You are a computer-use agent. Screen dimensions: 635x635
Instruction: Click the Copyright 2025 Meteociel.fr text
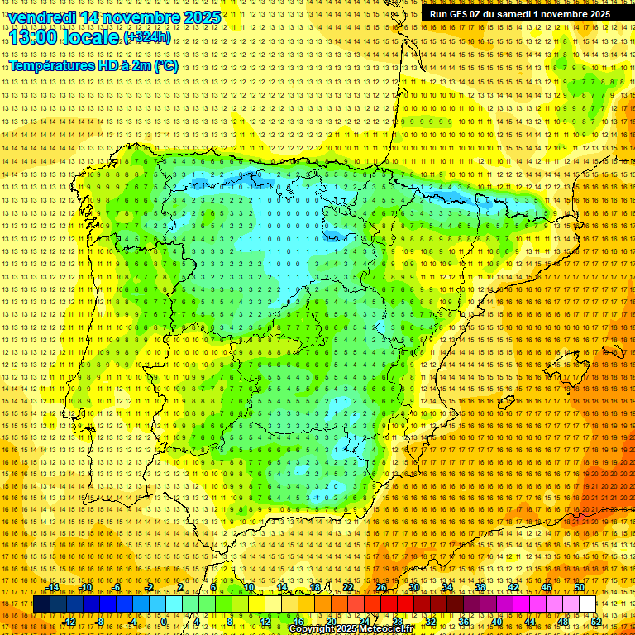351,629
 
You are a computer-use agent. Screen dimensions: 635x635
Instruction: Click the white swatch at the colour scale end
588,604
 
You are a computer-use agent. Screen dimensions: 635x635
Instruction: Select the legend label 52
596,621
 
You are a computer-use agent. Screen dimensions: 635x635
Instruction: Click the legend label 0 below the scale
165,621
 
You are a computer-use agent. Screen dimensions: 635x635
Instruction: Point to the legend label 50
580,587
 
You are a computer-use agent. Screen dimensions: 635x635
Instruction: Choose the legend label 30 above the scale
414,587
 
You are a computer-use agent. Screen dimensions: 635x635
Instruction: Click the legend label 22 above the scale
348,587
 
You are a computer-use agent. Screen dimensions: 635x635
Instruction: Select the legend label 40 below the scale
497,621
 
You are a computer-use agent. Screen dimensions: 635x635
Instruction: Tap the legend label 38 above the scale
480,587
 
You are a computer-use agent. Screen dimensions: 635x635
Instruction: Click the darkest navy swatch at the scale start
41,604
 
